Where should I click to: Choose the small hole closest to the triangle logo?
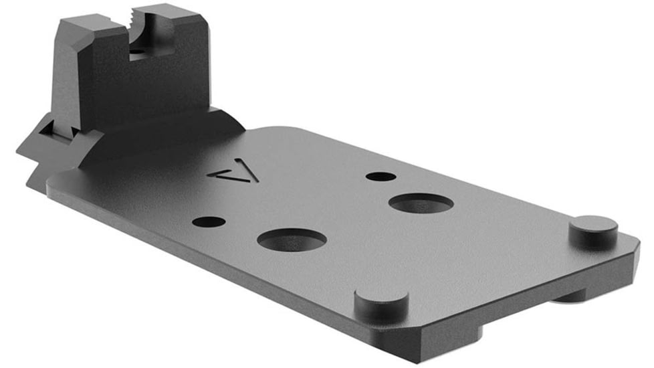point(208,221)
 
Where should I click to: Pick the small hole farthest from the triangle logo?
point(381,177)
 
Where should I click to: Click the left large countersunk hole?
point(292,240)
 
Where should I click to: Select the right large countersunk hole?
point(421,202)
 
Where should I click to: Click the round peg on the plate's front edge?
point(381,301)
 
